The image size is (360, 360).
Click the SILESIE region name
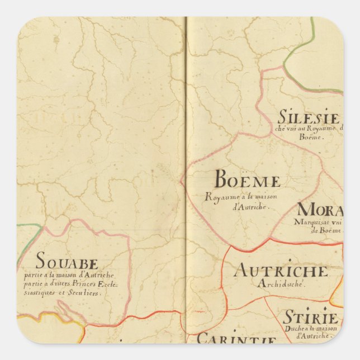point(308,119)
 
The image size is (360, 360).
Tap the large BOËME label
point(247,181)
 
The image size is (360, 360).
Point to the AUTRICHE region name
point(281,271)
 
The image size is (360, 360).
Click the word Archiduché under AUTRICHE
point(281,284)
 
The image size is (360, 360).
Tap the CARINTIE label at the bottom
point(236,339)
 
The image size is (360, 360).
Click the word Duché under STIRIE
point(295,329)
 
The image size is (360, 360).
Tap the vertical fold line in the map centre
point(186,168)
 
